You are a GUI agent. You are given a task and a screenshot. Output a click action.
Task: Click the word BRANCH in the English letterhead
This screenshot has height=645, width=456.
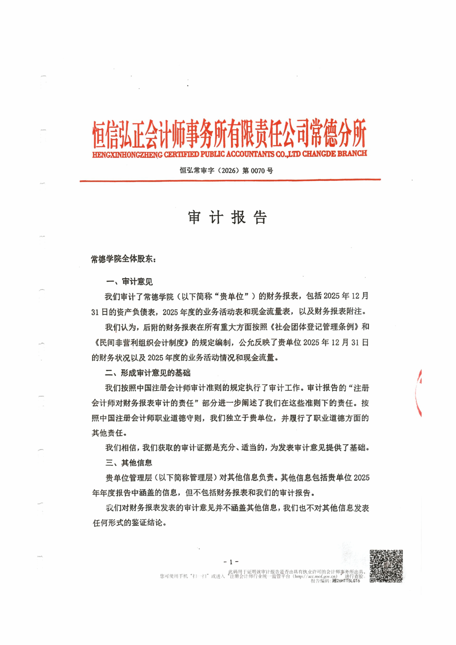pyautogui.click(x=352, y=153)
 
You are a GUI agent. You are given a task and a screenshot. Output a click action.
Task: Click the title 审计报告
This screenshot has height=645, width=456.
pyautogui.click(x=227, y=217)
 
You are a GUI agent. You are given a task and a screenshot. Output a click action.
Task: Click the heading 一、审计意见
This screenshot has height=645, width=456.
pyautogui.click(x=129, y=282)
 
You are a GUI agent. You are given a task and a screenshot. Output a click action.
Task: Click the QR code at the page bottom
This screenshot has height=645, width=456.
pyautogui.click(x=386, y=566)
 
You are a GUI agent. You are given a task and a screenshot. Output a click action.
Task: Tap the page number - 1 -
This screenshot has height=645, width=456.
pyautogui.click(x=231, y=562)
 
